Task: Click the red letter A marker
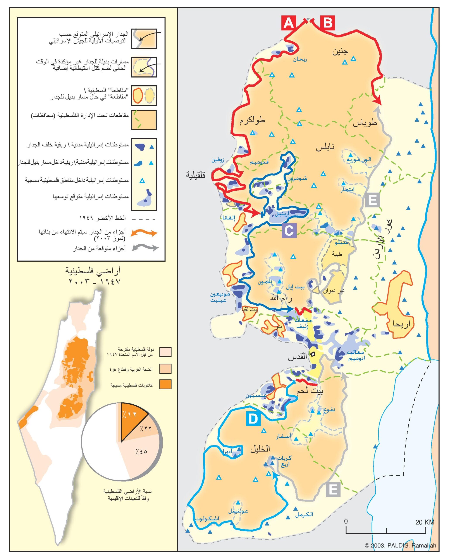(x=289, y=23)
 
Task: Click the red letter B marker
(x=328, y=23)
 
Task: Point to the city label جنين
(x=340, y=52)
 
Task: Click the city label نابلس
(x=325, y=148)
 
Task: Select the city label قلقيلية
(x=195, y=175)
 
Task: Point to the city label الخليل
(x=260, y=449)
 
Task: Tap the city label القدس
(x=298, y=357)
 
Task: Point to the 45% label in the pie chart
(x=141, y=451)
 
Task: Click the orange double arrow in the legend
(x=144, y=233)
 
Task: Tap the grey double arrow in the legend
(x=145, y=248)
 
